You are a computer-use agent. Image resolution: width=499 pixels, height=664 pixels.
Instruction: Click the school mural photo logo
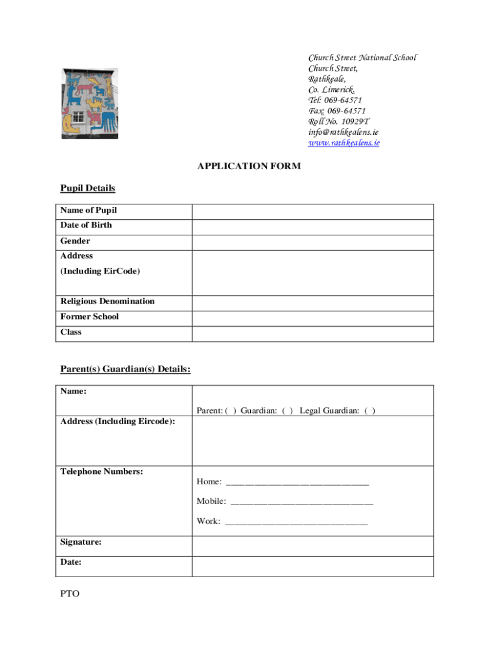tap(90, 102)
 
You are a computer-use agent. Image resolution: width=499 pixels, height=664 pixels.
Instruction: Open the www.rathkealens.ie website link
tap(343, 143)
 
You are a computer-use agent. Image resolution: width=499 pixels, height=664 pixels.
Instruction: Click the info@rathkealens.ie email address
tap(343, 132)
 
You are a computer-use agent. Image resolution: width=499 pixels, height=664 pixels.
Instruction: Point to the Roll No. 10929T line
tap(338, 121)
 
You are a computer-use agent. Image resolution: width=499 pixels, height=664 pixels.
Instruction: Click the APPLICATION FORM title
tap(249, 167)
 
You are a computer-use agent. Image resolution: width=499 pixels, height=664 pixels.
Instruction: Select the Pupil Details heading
tap(87, 188)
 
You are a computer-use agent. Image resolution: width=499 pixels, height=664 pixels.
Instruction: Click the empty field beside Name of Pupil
tap(312, 211)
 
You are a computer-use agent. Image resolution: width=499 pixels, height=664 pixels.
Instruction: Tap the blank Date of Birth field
tap(312, 227)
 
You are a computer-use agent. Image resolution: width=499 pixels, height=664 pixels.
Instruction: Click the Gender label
tap(75, 241)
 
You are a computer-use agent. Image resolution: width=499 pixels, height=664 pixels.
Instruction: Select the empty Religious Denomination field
tap(312, 303)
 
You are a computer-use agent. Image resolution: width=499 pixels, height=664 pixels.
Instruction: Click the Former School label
tap(89, 317)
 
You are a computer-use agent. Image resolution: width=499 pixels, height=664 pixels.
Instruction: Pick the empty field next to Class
tap(312, 334)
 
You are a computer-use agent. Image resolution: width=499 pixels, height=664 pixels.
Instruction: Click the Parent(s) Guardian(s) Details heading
tap(125, 369)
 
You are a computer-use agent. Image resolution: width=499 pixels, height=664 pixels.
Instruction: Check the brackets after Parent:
tap(231, 410)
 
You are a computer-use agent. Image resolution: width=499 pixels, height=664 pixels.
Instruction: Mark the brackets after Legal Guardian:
tap(369, 410)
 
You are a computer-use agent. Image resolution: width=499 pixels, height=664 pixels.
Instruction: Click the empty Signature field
tap(312, 546)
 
